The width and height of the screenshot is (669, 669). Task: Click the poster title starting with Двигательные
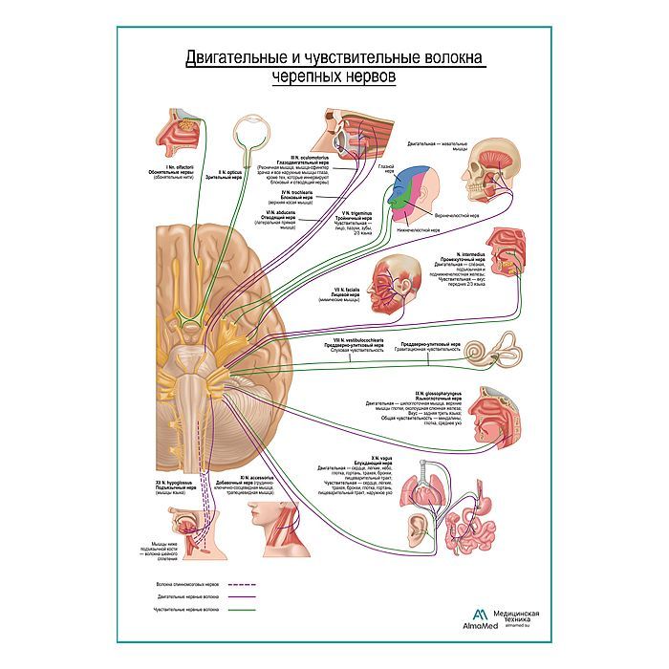[x=334, y=66]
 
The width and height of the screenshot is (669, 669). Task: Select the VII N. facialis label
[x=340, y=291]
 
